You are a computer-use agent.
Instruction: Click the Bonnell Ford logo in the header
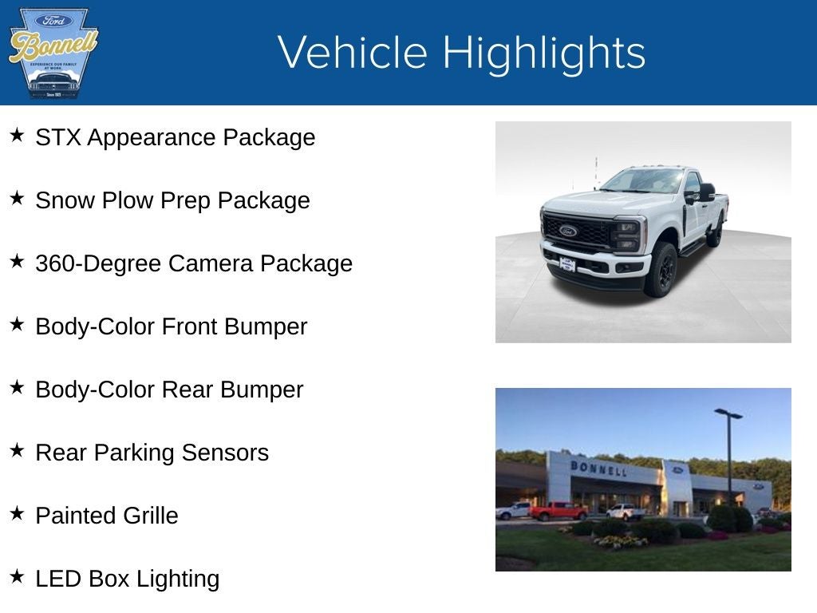coord(53,53)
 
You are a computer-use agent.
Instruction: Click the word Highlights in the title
coord(543,53)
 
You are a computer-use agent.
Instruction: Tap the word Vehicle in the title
coord(353,53)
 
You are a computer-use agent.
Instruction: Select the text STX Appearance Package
coord(175,137)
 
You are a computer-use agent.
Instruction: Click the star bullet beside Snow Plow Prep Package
coord(17,199)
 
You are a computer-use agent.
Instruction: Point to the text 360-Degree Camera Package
coord(194,263)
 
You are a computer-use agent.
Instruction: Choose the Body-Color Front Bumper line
coord(171,326)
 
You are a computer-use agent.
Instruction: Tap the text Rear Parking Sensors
coord(152,453)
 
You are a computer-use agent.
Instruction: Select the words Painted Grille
coord(107,516)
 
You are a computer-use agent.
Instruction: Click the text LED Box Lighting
coord(127,579)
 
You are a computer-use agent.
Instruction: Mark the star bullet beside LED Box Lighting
coord(17,577)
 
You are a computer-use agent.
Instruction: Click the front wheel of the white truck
coord(663,270)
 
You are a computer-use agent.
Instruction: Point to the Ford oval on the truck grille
coord(568,231)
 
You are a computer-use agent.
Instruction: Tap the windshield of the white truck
coord(642,181)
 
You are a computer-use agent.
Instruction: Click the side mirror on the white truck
coord(706,192)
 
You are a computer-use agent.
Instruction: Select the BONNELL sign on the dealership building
coord(598,468)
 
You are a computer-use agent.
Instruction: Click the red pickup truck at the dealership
coord(558,511)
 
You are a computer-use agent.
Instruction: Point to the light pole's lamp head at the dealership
coord(728,413)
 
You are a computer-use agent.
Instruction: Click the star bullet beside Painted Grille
coord(17,514)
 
